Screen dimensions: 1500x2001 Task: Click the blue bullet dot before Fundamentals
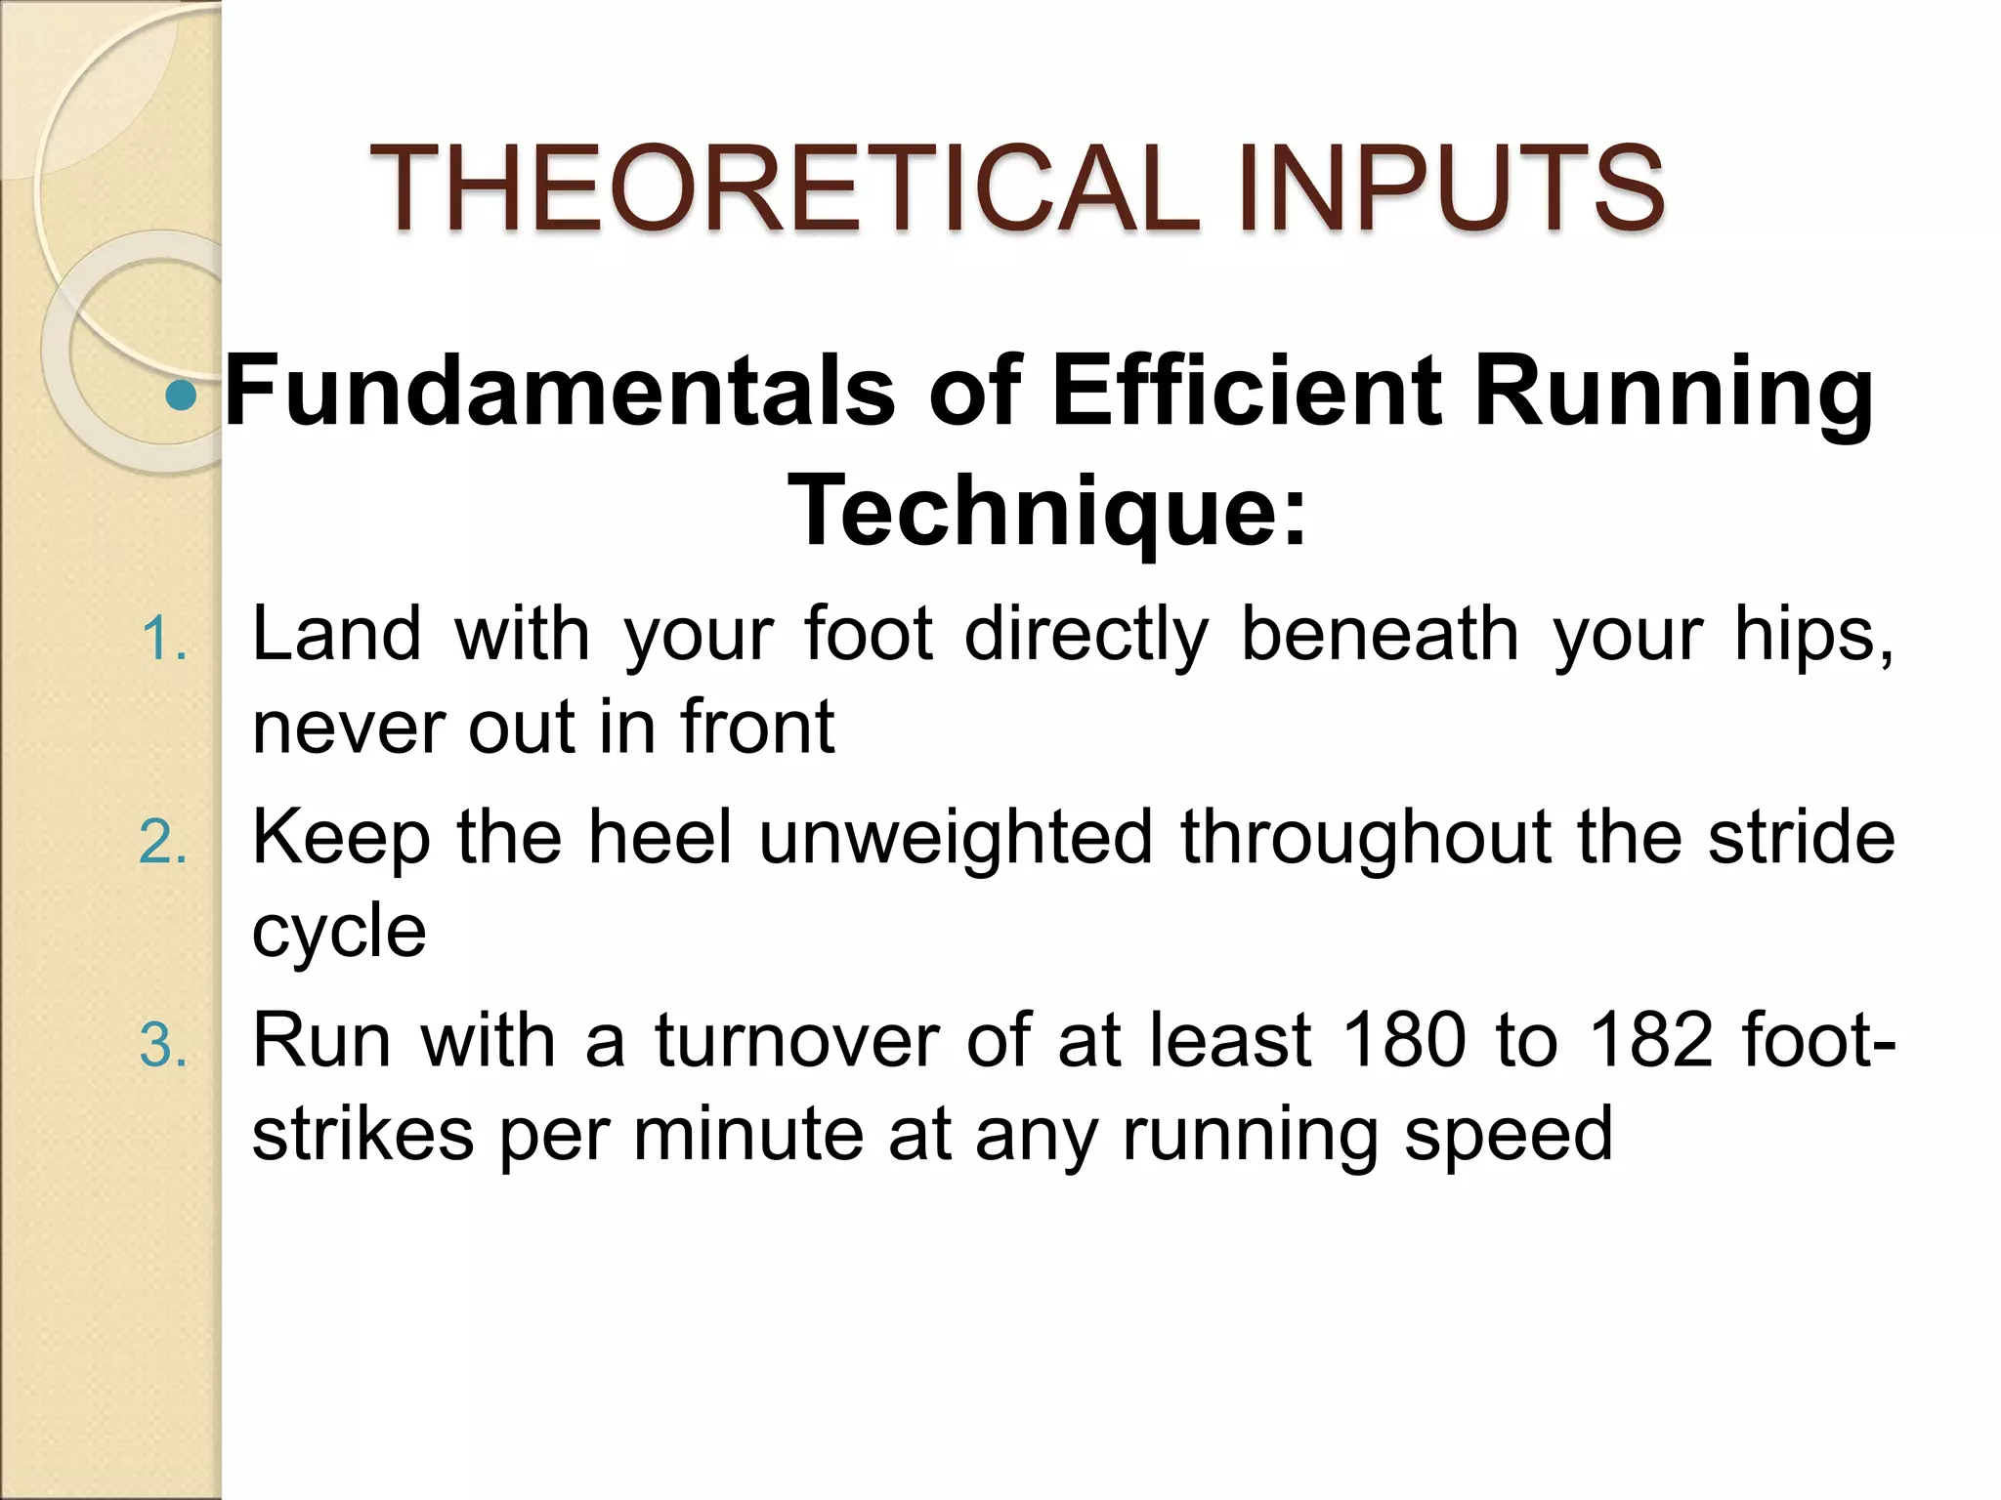182,396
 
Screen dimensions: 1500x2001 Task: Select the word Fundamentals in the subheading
560,392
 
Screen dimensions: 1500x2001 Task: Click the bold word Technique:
1046,511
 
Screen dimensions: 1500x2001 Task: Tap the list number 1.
162,640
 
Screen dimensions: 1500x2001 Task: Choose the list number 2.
162,842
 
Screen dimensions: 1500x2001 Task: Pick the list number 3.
162,1045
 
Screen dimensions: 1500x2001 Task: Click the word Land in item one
337,634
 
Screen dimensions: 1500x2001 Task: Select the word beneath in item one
1380,634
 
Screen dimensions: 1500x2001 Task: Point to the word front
757,727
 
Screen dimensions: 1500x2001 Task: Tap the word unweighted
956,838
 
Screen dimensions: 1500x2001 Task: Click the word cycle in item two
339,933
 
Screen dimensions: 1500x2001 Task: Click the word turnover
797,1040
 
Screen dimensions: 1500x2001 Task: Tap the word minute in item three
747,1134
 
